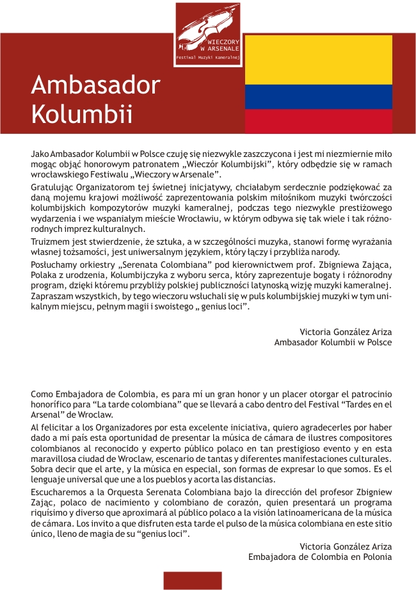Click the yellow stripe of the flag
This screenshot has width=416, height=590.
[x=319, y=59]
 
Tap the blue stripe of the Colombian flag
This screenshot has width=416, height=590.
[x=319, y=96]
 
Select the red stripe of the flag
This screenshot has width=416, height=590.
[x=319, y=120]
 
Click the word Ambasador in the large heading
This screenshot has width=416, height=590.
[x=95, y=85]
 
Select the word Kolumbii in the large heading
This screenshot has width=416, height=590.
[x=82, y=115]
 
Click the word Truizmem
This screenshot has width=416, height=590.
[x=51, y=241]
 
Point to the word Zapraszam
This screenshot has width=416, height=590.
[x=52, y=296]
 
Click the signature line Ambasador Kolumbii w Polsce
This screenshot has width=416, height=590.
[x=333, y=342]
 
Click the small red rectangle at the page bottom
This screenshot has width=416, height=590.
[x=193, y=580]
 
